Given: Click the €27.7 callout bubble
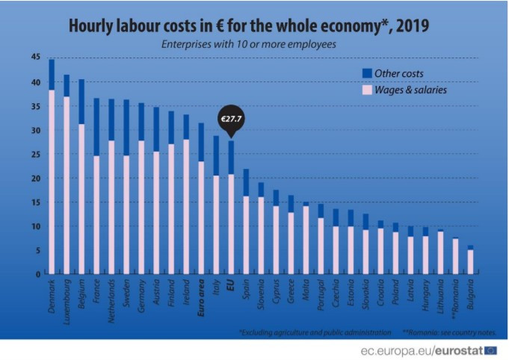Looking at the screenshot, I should (x=232, y=118).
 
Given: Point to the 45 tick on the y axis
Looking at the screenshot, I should (x=37, y=58).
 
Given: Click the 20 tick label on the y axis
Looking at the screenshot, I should (x=37, y=179).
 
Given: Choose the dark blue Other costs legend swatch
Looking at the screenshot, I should (x=366, y=73).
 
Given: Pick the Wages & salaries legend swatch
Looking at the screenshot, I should (x=366, y=90).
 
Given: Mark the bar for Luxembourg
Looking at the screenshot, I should (x=67, y=176).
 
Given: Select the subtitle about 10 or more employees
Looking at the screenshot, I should (x=249, y=44).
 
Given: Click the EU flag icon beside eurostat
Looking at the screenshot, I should (x=491, y=349).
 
